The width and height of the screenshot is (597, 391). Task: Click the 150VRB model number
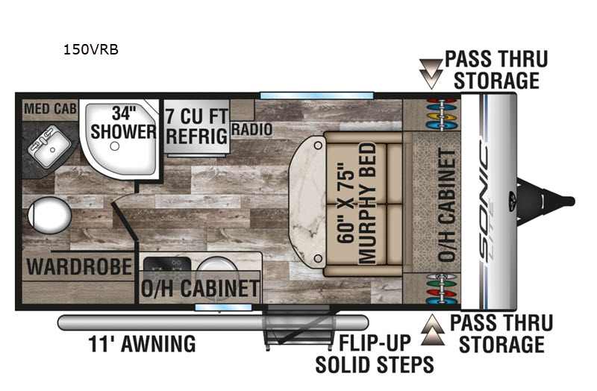pos(90,49)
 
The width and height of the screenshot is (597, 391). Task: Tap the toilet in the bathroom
pos(49,215)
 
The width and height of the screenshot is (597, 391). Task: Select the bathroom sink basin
pos(49,146)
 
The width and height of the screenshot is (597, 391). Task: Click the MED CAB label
pos(50,109)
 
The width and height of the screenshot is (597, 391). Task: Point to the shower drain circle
pos(115,146)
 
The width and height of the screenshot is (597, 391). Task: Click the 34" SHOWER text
pos(123,123)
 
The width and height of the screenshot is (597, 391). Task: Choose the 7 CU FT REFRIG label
pos(197,126)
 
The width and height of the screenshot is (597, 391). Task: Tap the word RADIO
pos(251,129)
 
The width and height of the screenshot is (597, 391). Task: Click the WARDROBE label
pos(79,266)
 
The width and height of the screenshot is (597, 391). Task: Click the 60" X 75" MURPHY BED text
pos(357,203)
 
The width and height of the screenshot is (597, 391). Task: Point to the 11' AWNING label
pos(142,344)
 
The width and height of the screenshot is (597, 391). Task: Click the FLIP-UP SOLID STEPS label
pos(375,354)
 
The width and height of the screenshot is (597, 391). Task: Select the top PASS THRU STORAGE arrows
pos(431,74)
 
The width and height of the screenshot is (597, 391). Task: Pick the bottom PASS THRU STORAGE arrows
pos(433,330)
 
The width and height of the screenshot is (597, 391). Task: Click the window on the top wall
pos(316,96)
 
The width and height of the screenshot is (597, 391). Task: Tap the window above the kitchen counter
pos(223,307)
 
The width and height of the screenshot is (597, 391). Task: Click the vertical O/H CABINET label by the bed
pos(446,205)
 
